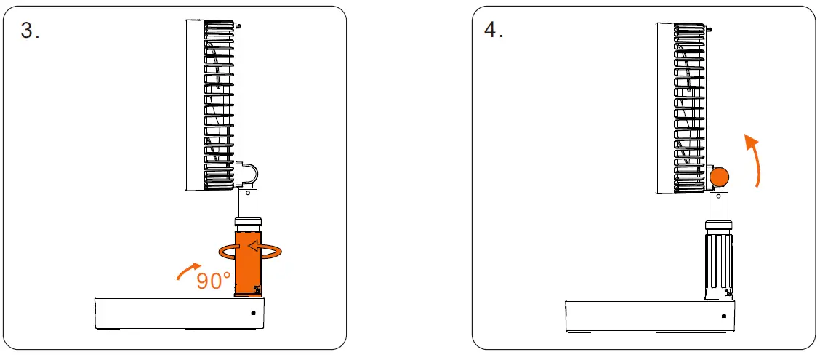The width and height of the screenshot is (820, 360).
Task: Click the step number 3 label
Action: [30, 31]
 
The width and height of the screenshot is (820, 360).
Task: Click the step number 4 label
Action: [494, 31]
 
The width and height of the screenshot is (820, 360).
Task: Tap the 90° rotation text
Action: [214, 280]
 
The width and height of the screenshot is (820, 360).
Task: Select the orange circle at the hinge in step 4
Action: [720, 177]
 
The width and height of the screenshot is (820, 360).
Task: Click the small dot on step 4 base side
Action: [724, 316]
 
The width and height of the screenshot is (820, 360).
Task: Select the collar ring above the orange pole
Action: [249, 223]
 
